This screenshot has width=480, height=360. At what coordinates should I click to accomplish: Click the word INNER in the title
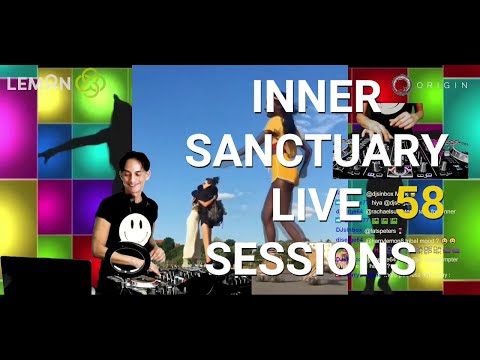(315, 96)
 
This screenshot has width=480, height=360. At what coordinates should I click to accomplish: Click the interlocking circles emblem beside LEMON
(89, 82)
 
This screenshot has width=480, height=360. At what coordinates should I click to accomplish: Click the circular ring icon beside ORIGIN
(402, 83)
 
